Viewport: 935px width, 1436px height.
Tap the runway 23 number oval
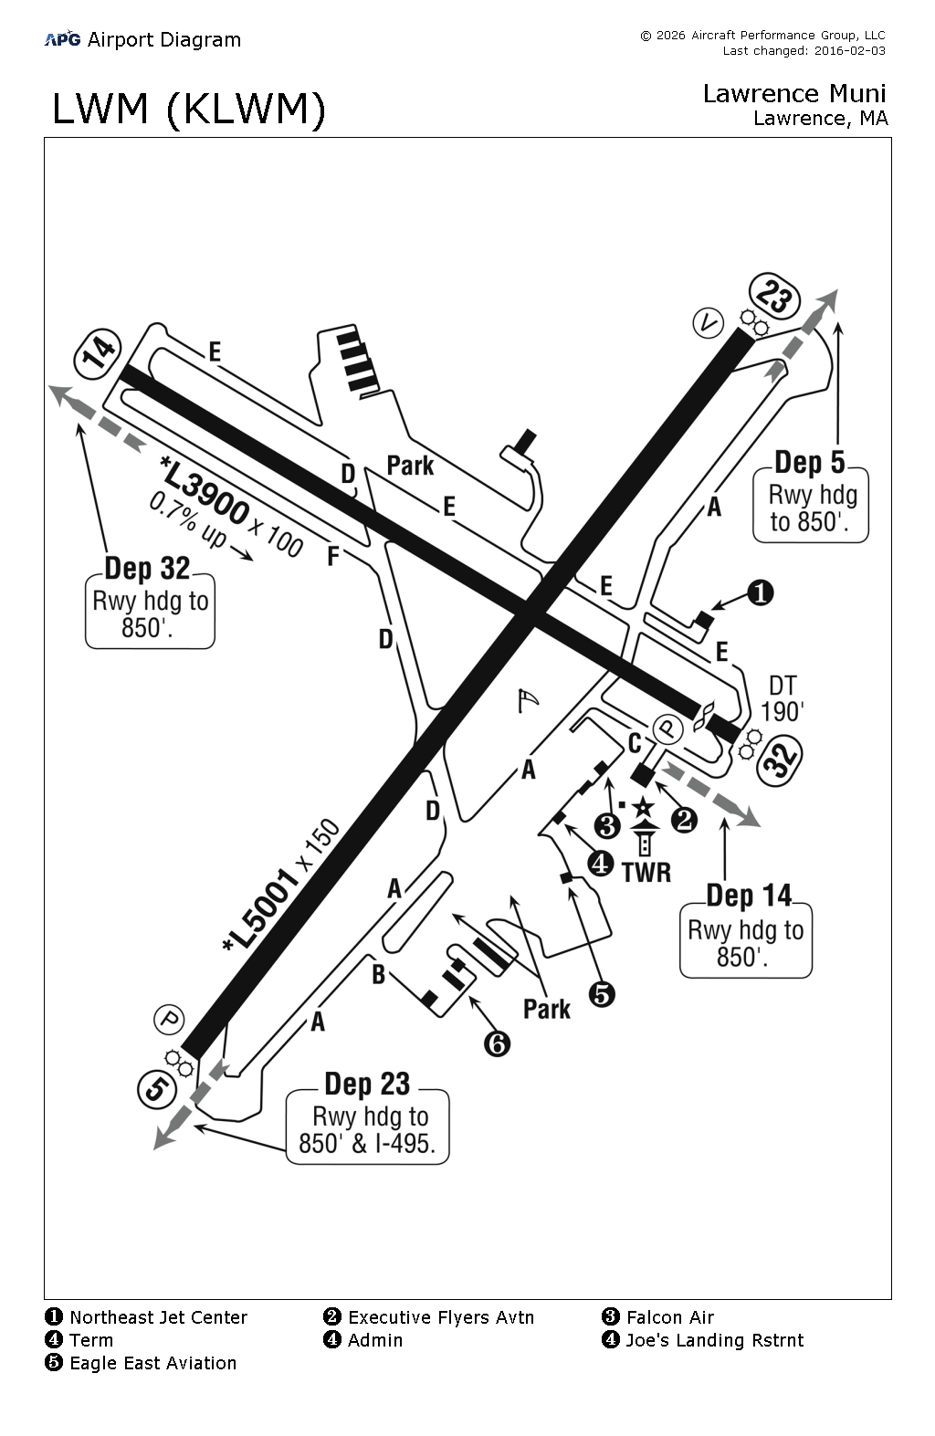coord(774,298)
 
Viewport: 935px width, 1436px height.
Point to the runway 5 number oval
coord(158,1089)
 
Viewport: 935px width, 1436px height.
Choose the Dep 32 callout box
coord(150,609)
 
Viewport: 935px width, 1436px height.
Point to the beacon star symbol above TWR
coord(644,806)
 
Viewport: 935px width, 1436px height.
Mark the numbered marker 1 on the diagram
coord(761,593)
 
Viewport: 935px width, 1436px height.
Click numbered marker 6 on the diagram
coord(497,1043)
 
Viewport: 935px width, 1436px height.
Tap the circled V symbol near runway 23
coord(708,322)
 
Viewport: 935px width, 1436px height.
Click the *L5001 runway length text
coord(262,908)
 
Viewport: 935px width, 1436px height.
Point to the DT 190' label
coord(783,698)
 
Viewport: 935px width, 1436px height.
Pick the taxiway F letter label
coord(333,556)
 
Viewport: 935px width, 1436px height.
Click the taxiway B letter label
coord(378,974)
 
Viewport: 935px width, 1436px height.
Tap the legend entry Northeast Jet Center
coord(158,1317)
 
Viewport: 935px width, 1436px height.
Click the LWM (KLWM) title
coord(189,110)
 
